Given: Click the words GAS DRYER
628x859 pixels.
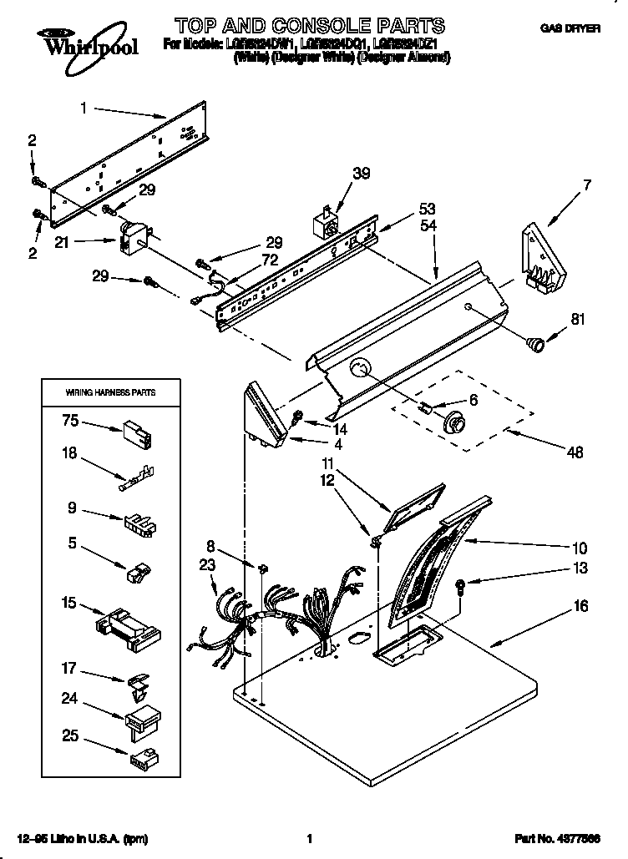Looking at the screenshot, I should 570,28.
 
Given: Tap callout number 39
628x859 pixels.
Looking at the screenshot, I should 361,174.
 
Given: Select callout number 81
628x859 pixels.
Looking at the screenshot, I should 577,317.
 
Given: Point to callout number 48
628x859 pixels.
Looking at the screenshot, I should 574,452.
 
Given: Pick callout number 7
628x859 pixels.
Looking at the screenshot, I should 587,185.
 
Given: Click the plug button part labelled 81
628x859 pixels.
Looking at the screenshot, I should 534,341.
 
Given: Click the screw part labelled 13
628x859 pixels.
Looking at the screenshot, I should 462,586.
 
